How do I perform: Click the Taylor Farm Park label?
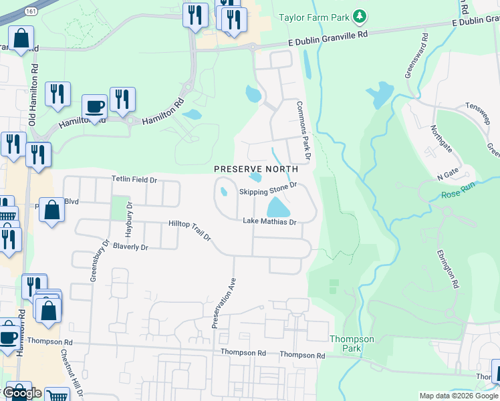coord(315,16)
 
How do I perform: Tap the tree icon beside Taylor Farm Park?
coord(360,15)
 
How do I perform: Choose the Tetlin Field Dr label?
coord(134,180)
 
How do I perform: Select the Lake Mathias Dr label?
coord(269,221)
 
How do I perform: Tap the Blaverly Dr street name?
coord(130,247)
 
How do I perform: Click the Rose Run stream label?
coord(457,195)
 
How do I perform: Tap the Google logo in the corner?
coord(23,393)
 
